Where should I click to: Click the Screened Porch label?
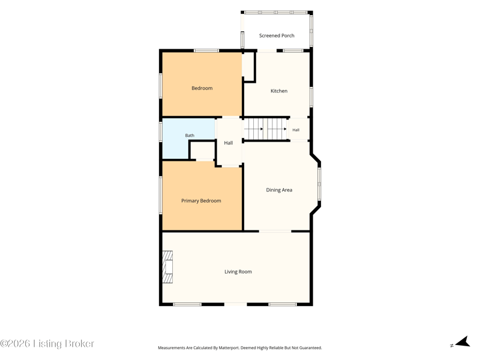(x=277, y=35)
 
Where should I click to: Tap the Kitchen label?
(x=279, y=91)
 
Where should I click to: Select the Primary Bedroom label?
(x=201, y=201)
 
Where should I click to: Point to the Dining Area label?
(x=279, y=190)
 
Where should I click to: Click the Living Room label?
(x=238, y=272)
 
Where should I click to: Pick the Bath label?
(x=190, y=136)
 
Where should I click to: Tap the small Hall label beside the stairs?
(x=296, y=130)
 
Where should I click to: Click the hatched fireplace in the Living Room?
(x=167, y=267)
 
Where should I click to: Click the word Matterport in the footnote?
(x=229, y=348)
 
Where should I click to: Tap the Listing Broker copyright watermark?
(x=47, y=343)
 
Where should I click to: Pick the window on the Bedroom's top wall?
(x=206, y=50)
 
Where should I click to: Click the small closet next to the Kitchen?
(x=248, y=67)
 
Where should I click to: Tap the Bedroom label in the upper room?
(x=202, y=88)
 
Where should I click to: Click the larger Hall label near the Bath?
(x=229, y=143)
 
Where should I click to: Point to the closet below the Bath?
(x=202, y=151)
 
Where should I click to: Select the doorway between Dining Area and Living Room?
(x=275, y=231)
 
